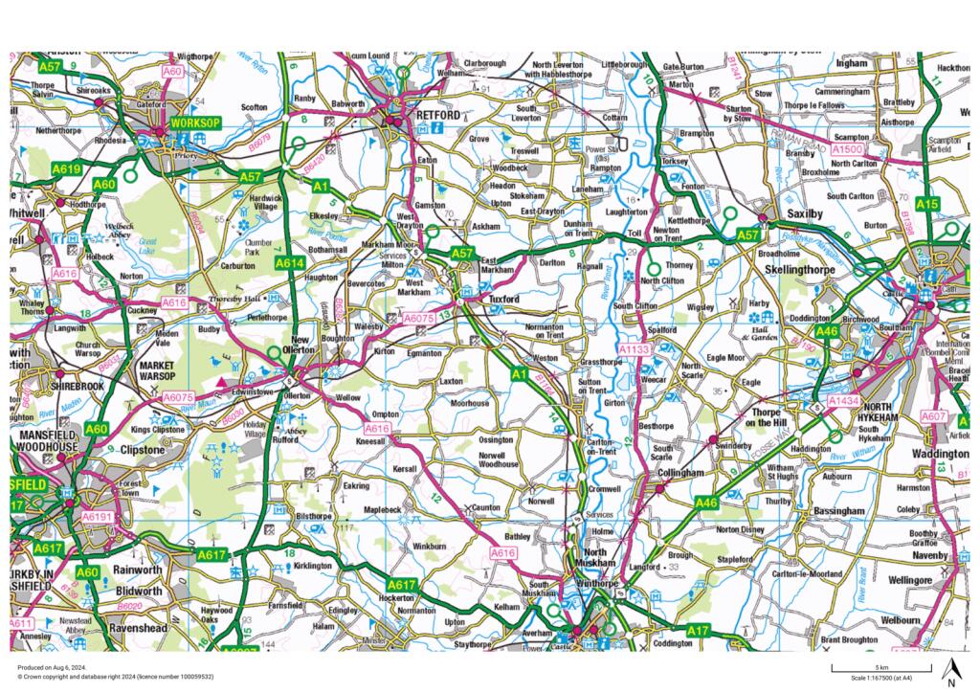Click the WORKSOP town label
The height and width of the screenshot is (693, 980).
194,123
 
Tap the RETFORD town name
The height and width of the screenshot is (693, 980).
439,115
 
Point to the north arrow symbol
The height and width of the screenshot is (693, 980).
951,673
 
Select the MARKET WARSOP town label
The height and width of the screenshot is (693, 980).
159,370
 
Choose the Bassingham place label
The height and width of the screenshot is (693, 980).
838,511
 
